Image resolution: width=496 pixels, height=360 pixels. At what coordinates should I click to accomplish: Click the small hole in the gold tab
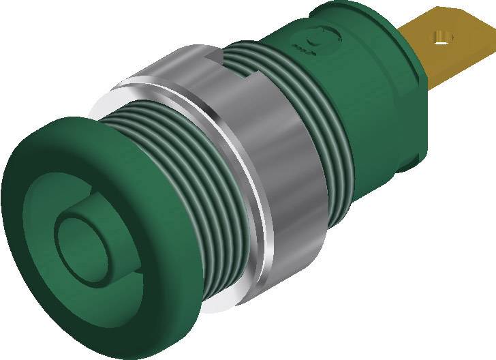coord(444,36)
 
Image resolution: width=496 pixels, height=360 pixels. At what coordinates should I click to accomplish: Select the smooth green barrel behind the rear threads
coord(368,102)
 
